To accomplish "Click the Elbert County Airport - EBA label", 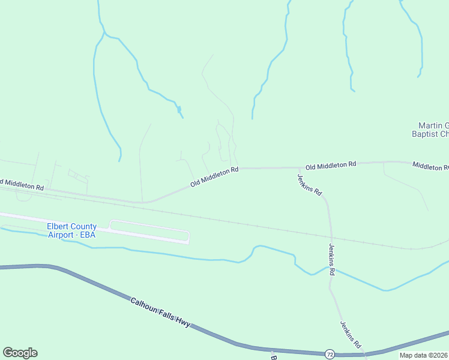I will [x=71, y=230].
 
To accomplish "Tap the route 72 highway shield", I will [x=330, y=353].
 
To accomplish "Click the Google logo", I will [x=20, y=353].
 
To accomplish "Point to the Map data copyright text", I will [x=423, y=355].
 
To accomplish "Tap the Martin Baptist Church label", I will [x=430, y=130].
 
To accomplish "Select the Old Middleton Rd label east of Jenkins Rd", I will [x=331, y=164].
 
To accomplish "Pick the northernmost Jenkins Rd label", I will [x=310, y=185].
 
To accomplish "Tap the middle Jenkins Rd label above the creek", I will [x=331, y=259].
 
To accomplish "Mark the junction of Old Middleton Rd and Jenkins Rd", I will [x=298, y=168].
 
